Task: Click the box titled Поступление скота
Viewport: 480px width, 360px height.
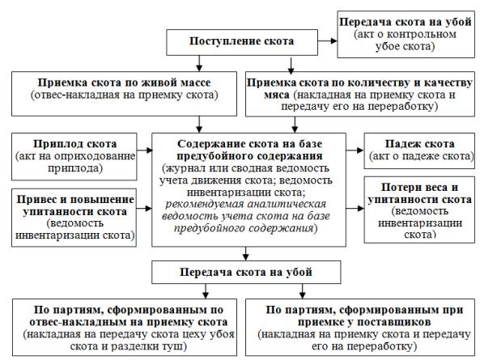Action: (242, 42)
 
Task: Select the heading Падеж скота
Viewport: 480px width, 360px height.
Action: (419, 144)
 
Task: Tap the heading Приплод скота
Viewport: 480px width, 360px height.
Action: (74, 144)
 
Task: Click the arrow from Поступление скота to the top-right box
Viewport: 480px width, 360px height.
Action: (328, 40)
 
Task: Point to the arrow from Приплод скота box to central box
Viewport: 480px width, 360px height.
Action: (145, 150)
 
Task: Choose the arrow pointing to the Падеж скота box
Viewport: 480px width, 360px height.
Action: (355, 150)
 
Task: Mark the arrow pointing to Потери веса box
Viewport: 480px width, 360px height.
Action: (355, 208)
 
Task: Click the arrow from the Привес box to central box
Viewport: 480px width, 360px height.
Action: (144, 208)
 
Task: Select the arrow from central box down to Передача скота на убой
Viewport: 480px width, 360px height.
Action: (246, 253)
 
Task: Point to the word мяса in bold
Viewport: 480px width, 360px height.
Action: (277, 95)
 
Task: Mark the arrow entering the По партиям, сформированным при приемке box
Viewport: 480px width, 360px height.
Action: (303, 291)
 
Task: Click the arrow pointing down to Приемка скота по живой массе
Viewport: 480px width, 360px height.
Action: (199, 63)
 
